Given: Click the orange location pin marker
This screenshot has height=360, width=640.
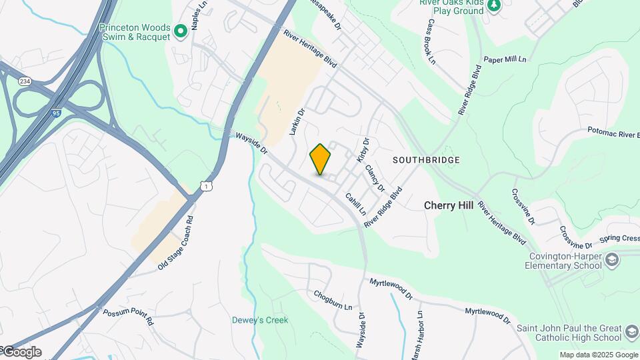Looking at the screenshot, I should (320, 159).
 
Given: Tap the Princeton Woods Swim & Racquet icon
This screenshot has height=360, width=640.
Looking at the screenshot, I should (180, 31).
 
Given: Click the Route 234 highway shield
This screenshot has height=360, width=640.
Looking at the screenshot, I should (25, 81).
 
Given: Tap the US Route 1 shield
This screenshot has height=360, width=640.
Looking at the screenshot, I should (207, 187).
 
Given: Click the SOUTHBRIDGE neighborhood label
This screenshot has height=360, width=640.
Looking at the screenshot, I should (426, 161).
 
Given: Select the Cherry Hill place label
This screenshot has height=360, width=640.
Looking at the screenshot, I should (449, 205).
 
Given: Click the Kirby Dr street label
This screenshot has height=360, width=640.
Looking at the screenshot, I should (363, 150).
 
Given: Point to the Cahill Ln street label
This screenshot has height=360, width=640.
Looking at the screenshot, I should (355, 203).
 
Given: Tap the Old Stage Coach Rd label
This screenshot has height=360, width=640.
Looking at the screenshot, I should (175, 243).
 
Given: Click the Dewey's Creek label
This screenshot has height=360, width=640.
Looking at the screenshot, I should (260, 320).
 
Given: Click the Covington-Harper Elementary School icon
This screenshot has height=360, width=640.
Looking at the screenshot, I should (613, 259).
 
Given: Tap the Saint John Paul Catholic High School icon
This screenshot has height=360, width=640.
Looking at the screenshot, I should (632, 331).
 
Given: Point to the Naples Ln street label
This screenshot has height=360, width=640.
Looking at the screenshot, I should (195, 15).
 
